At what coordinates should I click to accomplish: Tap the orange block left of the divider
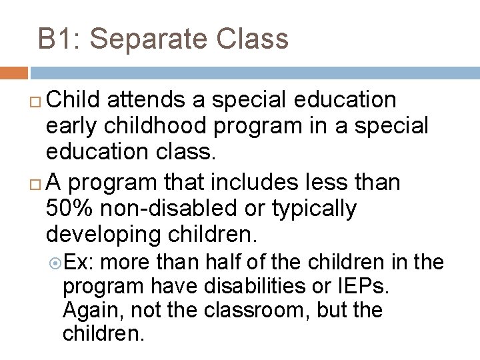click(x=13, y=73)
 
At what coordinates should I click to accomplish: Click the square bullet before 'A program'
click(x=37, y=183)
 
